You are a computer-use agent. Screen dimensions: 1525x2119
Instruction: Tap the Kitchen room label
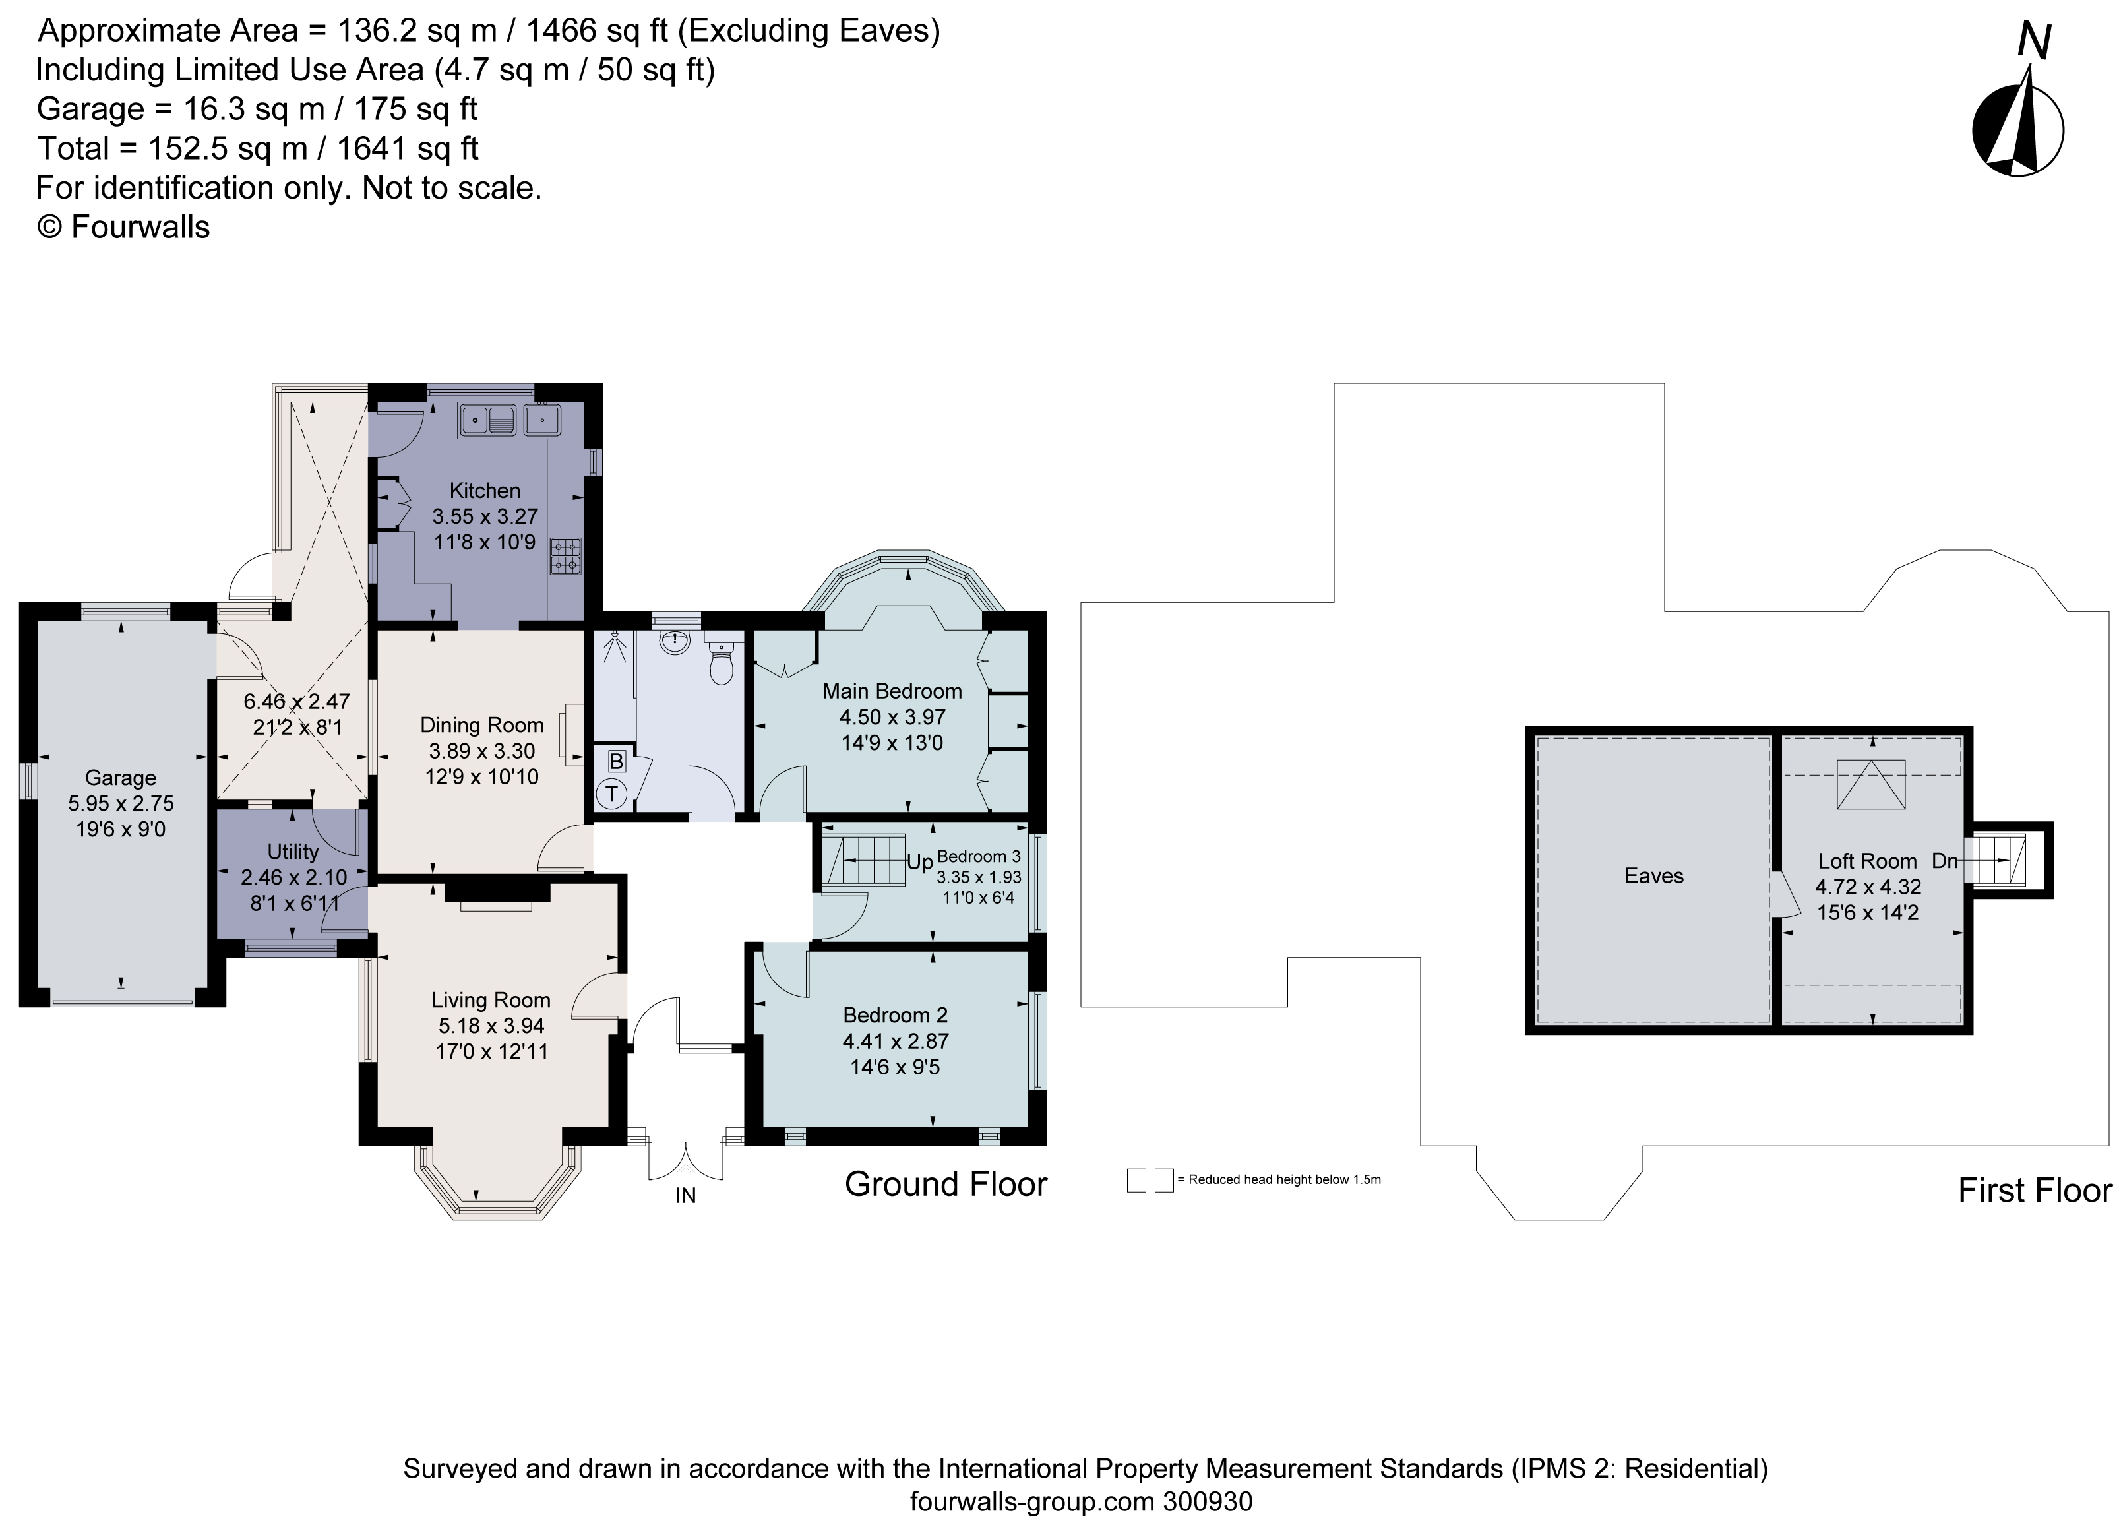pos(484,491)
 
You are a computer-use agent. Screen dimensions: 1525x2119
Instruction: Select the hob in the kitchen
pos(565,556)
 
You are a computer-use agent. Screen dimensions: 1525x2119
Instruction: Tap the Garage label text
pos(121,778)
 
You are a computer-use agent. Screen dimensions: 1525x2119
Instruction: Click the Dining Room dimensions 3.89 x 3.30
pos(481,751)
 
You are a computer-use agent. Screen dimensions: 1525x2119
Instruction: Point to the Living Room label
pos(491,1000)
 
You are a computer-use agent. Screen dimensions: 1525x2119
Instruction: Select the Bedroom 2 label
pos(894,1014)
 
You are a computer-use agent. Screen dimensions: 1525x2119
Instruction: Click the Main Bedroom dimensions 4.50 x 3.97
pos(892,718)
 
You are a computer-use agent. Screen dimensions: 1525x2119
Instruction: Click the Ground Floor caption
pos(946,1184)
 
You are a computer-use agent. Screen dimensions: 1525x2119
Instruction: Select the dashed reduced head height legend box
pos(1149,1180)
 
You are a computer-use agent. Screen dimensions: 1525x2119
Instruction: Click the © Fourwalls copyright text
pos(123,227)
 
